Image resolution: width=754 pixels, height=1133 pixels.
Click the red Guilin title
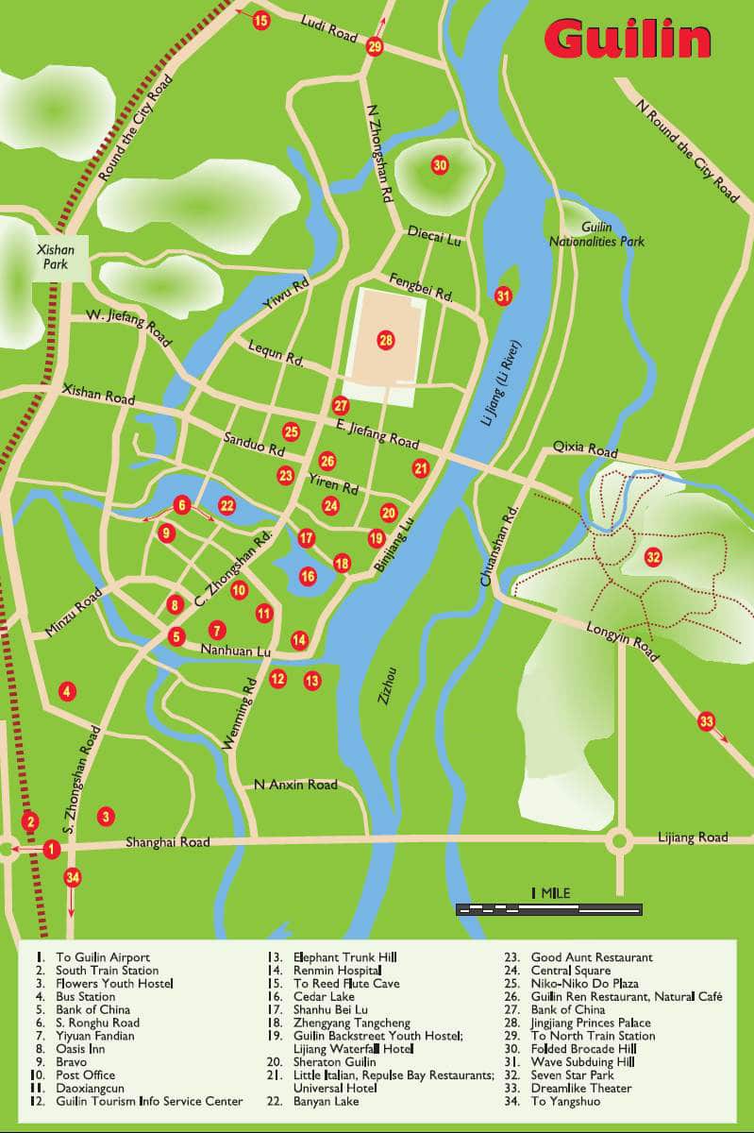point(627,40)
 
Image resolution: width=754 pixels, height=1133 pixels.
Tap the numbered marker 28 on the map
point(385,340)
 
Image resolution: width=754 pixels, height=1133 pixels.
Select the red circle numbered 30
point(440,165)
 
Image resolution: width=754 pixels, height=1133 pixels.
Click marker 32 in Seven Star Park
point(653,557)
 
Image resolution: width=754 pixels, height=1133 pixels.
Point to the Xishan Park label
point(55,257)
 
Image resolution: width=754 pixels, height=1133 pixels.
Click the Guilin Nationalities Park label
point(596,234)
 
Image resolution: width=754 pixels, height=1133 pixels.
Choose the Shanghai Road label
point(167,841)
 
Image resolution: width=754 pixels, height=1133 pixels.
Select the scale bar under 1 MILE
point(548,909)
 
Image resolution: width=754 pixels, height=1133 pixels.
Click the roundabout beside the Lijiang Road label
point(619,839)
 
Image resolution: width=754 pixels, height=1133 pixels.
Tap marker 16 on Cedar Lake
point(308,576)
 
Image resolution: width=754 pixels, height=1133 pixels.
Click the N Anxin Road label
point(295,785)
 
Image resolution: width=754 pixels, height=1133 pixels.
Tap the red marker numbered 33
point(707,722)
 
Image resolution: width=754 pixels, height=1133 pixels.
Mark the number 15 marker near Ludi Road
point(261,20)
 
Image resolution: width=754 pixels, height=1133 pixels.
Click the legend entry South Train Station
point(107,971)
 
